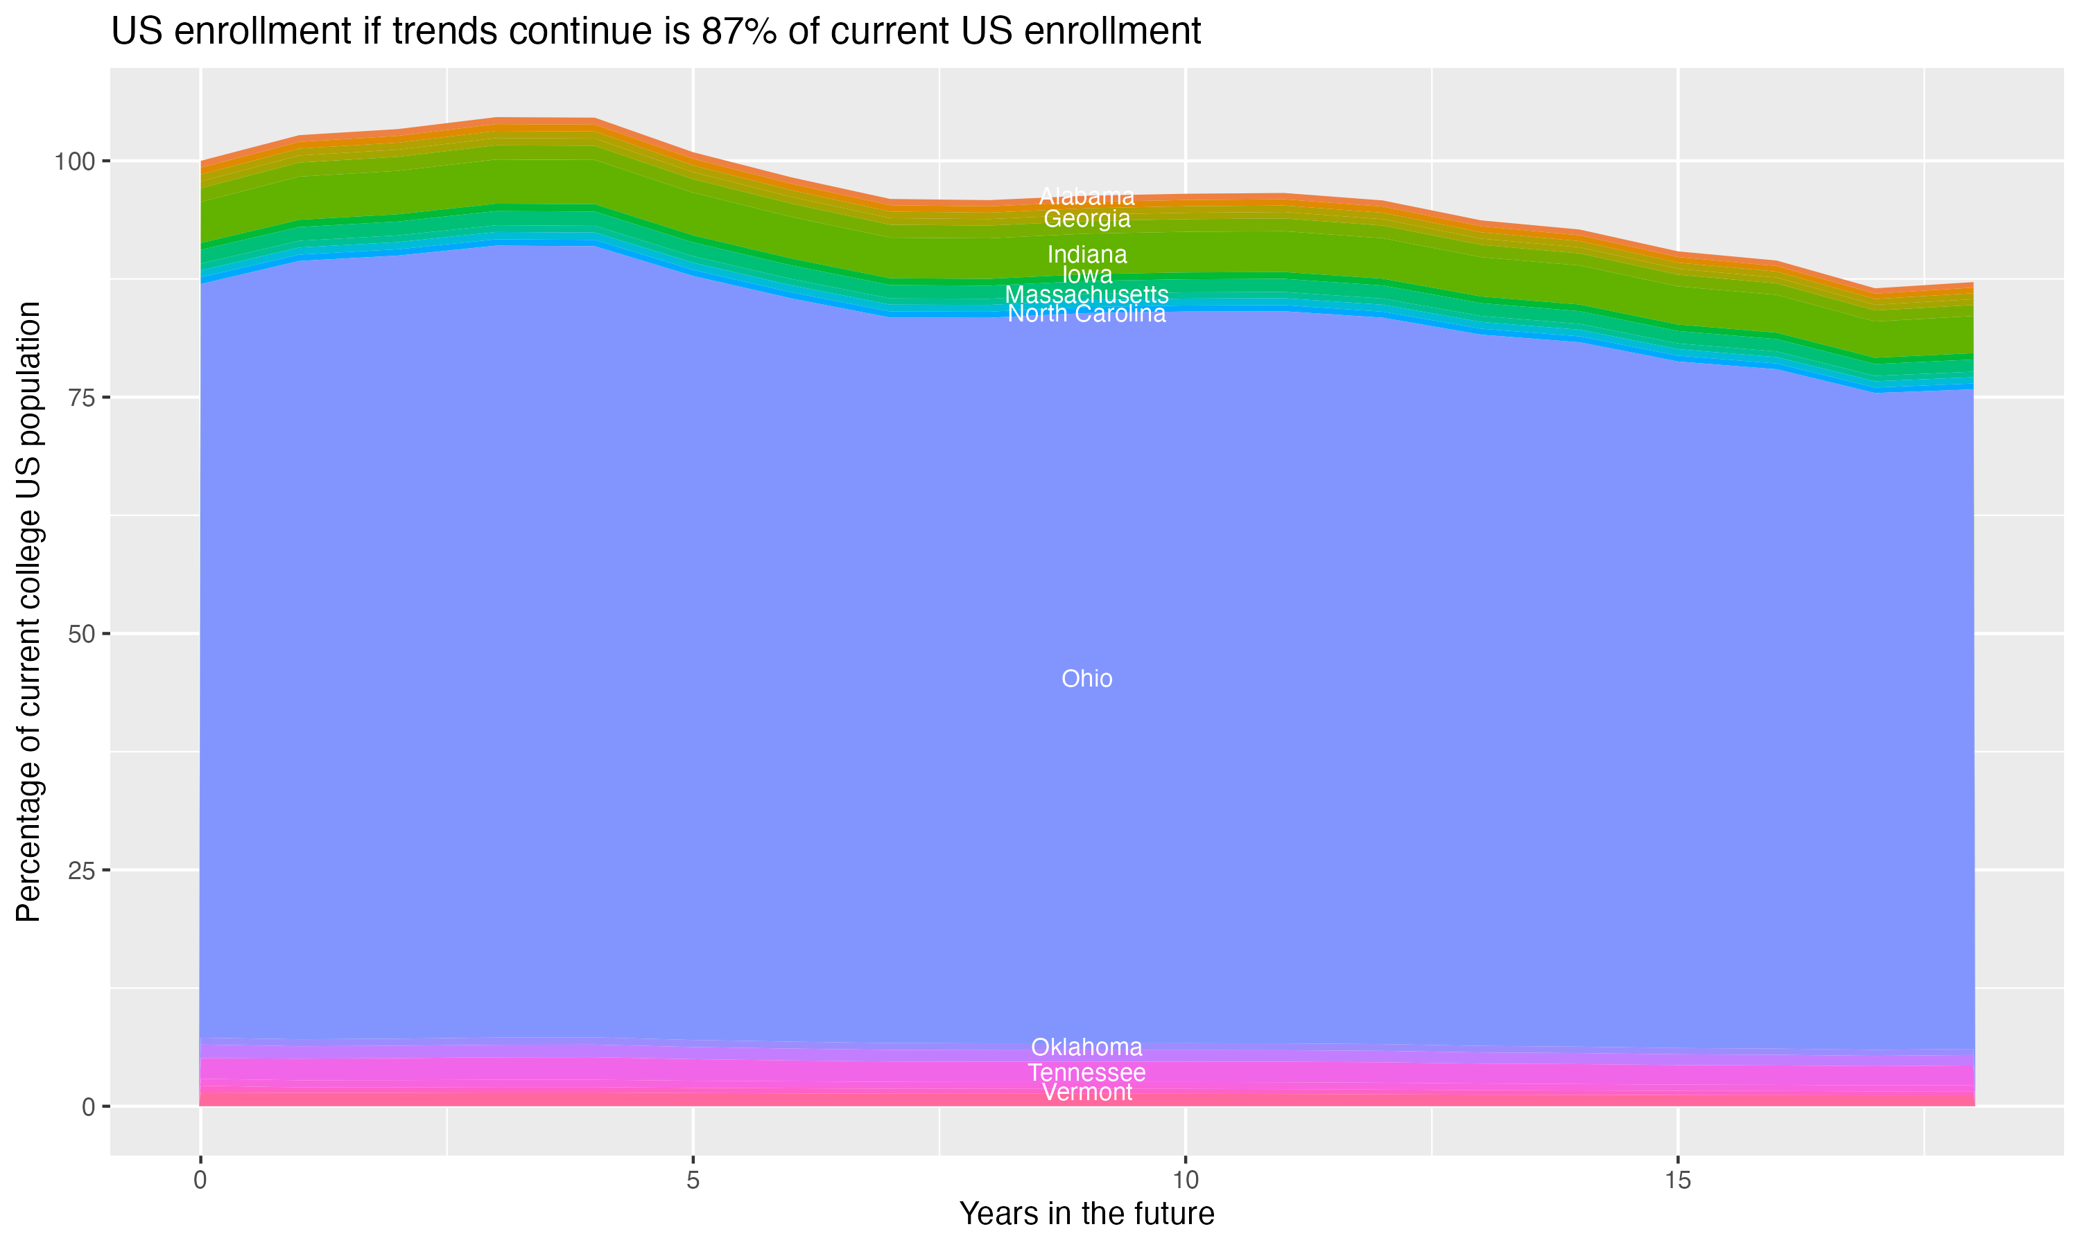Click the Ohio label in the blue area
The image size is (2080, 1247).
coord(1086,678)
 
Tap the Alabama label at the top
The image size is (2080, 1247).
coord(1086,197)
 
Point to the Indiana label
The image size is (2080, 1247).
coord(1086,254)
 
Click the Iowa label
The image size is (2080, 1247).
coord(1086,275)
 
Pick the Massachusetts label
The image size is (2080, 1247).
coord(1086,295)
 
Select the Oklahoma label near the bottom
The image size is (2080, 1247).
coord(1086,1047)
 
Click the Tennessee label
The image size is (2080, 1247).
coord(1086,1073)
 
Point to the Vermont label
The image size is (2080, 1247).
coord(1086,1093)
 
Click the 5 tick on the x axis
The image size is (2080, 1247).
coord(693,1180)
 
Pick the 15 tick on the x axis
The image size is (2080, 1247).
coord(1677,1180)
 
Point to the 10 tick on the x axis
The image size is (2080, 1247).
coord(1185,1180)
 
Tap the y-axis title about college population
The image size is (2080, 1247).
coord(28,612)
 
